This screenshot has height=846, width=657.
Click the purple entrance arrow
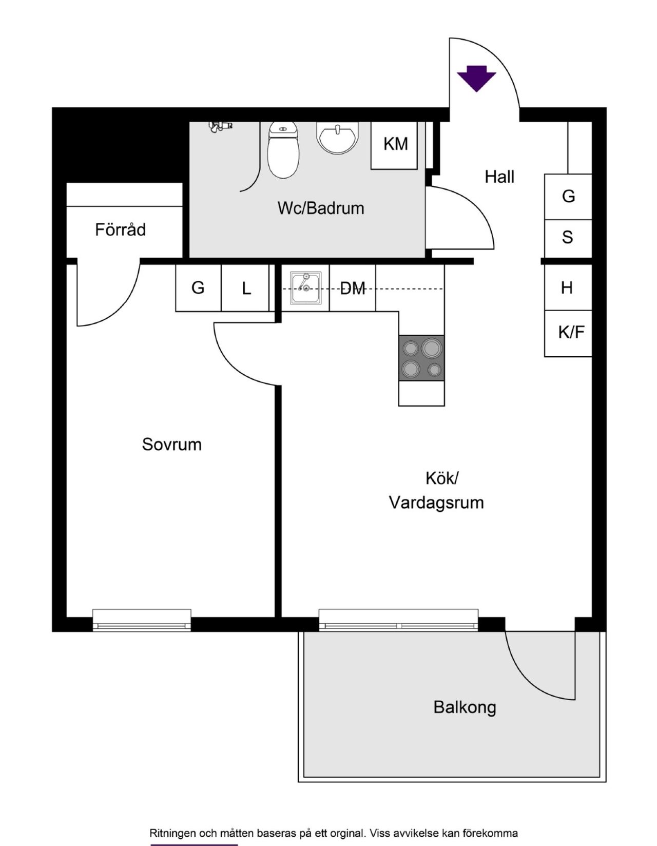click(477, 79)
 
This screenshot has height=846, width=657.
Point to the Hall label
click(499, 177)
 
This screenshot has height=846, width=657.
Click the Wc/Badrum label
click(321, 208)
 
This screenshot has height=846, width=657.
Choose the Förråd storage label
click(120, 229)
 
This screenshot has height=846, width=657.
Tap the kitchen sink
click(305, 288)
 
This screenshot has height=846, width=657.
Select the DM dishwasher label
click(353, 289)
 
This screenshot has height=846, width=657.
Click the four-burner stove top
click(421, 358)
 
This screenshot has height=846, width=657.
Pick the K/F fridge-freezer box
click(569, 333)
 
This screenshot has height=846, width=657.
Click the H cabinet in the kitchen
click(568, 287)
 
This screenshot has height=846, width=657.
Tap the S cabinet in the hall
click(568, 238)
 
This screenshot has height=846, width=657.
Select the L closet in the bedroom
click(246, 289)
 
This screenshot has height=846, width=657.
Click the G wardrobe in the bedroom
click(198, 288)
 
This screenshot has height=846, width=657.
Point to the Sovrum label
click(171, 444)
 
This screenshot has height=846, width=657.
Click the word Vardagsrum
click(436, 502)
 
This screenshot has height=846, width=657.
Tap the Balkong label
click(465, 707)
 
